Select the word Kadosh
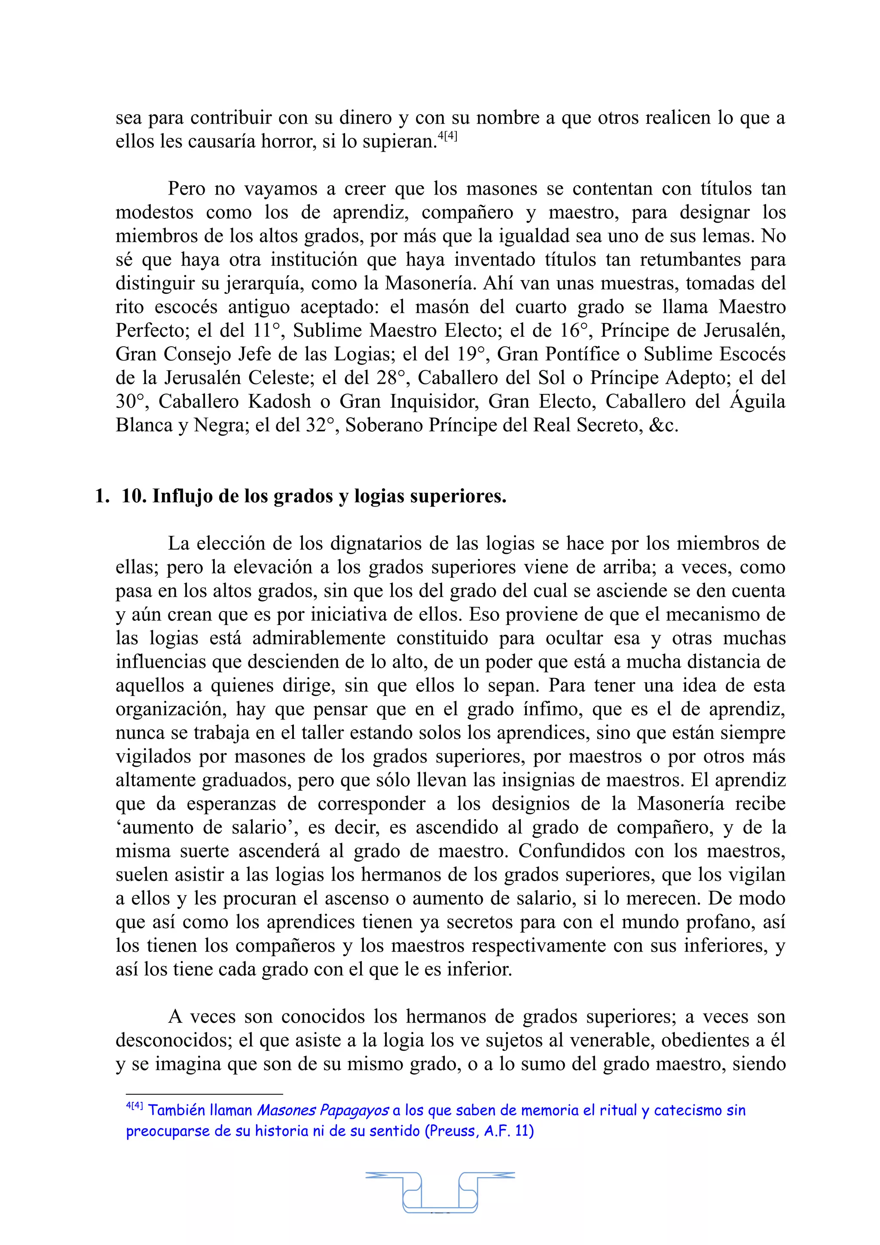click(280, 401)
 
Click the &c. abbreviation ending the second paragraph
click(663, 425)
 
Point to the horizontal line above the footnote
click(205, 1094)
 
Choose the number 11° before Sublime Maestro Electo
click(267, 330)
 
